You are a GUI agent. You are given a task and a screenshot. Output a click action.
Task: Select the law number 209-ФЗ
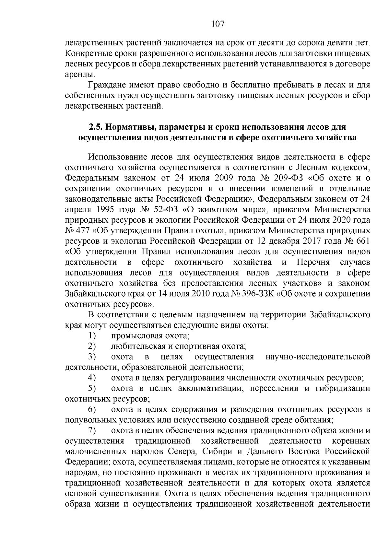[286, 178]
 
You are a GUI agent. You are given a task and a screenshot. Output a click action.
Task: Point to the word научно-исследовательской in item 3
[318, 357]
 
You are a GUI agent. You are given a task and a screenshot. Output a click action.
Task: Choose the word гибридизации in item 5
[343, 388]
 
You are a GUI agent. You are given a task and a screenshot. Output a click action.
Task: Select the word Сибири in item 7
[217, 451]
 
